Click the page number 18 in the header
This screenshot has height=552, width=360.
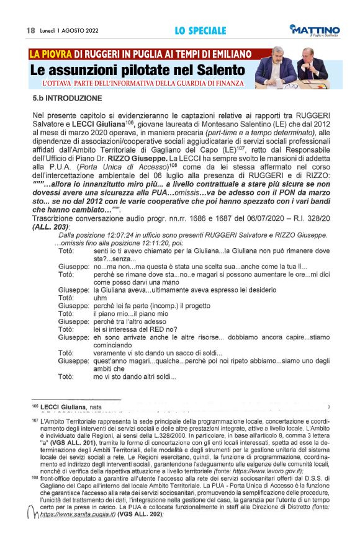[x=30, y=30]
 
